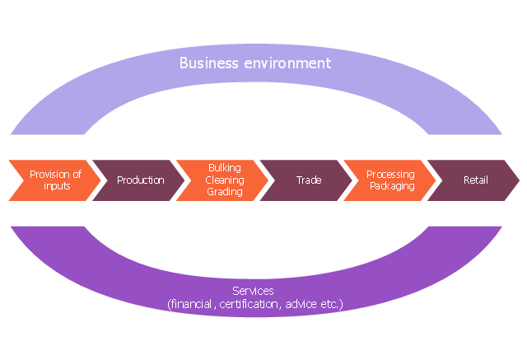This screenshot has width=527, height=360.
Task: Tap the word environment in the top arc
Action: pos(283,63)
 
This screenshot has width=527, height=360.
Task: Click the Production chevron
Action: pos(138,180)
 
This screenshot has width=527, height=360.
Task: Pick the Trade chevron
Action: pos(306,180)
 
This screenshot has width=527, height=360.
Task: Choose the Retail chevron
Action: pos(473,180)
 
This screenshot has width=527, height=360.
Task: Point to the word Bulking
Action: pos(224,168)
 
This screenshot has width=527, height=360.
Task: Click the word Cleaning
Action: pos(224,180)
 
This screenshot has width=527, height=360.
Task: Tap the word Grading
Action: pos(224,191)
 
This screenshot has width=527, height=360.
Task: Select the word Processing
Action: pos(390,175)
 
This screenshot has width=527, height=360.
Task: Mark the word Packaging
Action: pos(390,186)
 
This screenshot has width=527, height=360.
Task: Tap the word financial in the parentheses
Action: pos(192,304)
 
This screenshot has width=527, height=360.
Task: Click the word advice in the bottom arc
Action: pos(300,304)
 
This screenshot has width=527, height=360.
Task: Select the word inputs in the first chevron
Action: pos(55,186)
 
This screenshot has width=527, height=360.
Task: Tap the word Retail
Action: pos(476,180)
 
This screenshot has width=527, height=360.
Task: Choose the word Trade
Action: pos(309,180)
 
